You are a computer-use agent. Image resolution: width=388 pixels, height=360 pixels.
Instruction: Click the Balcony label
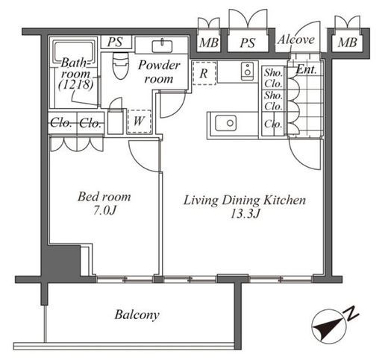click(x=137, y=315)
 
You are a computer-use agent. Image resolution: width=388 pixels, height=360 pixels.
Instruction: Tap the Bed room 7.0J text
click(x=104, y=203)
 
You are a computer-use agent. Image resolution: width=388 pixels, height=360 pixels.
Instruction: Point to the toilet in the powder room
click(x=121, y=65)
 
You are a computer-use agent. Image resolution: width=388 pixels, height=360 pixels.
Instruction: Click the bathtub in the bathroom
click(x=75, y=53)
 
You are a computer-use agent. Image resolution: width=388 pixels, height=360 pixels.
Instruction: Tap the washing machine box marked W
click(x=139, y=121)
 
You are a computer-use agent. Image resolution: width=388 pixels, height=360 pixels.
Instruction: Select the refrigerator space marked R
click(x=204, y=73)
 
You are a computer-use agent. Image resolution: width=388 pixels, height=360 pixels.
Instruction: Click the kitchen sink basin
click(x=225, y=123)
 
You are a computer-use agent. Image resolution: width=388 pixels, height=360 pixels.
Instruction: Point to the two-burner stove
click(x=247, y=72)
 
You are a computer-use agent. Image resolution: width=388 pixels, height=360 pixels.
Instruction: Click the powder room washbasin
click(x=162, y=46)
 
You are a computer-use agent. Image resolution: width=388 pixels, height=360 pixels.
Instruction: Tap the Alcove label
click(x=296, y=40)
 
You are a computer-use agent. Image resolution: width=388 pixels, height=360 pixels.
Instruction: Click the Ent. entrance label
click(x=307, y=69)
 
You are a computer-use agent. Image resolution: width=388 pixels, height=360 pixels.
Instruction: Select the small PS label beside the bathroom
click(x=115, y=42)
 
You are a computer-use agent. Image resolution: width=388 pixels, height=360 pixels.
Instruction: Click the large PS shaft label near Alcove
click(x=248, y=42)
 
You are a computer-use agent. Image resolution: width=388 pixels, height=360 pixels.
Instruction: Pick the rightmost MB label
click(x=348, y=42)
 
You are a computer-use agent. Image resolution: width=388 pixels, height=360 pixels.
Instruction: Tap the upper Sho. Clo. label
click(x=273, y=78)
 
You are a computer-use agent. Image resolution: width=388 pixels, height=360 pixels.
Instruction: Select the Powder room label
click(x=159, y=72)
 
